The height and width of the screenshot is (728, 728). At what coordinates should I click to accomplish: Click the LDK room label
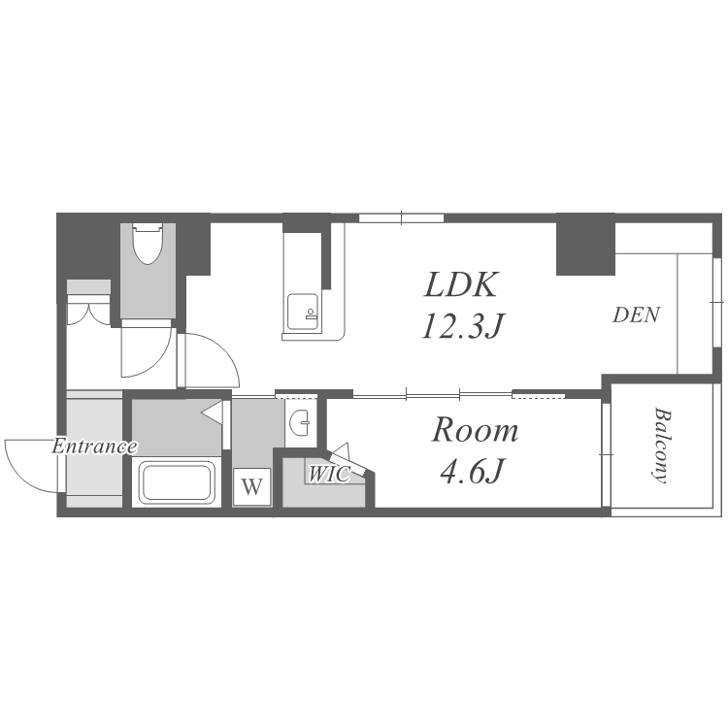(461, 284)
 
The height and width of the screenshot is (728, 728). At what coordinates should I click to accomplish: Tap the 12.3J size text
(463, 325)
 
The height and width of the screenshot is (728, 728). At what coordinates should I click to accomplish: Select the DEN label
(636, 315)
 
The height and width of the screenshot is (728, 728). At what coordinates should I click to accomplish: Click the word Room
(475, 430)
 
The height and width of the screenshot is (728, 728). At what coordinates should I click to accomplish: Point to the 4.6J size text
(472, 471)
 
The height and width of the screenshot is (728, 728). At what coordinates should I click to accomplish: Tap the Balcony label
(662, 446)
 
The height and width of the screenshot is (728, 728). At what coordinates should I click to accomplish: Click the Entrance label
(95, 447)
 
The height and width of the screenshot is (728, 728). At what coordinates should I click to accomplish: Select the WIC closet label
(329, 474)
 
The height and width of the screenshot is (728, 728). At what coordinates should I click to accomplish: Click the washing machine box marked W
(251, 487)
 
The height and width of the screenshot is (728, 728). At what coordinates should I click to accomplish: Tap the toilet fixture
(149, 244)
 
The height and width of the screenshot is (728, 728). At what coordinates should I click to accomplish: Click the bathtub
(177, 482)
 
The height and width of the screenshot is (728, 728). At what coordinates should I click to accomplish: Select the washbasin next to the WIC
(300, 423)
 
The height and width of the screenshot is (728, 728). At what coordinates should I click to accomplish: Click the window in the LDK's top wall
(401, 217)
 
